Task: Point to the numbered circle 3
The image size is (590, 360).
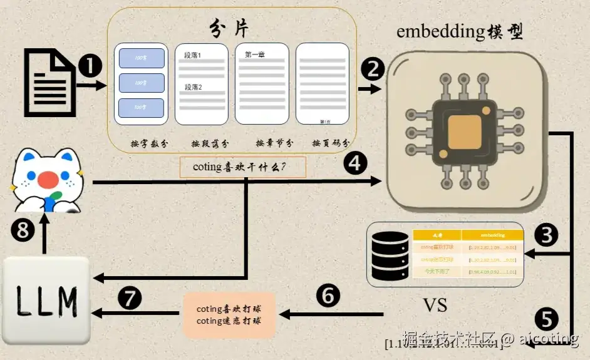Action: [546, 235]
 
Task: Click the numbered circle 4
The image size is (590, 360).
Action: [355, 163]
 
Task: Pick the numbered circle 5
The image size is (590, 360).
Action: [546, 319]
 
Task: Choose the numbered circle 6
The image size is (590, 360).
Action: [329, 295]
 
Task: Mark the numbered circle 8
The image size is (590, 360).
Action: [23, 231]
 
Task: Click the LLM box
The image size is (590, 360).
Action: [45, 301]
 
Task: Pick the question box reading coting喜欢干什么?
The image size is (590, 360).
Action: [243, 167]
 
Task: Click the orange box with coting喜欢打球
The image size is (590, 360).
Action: [229, 315]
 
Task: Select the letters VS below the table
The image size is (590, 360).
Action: [435, 305]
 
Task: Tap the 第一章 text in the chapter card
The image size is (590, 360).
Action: [255, 54]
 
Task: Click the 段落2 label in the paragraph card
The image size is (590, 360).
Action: [193, 87]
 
